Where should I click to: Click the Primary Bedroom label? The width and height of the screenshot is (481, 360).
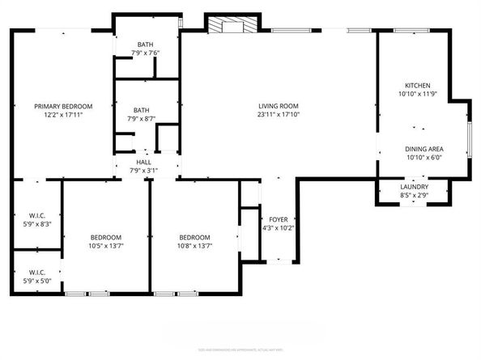pyautogui.click(x=62, y=106)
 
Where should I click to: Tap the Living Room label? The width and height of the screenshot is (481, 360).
pyautogui.click(x=279, y=106)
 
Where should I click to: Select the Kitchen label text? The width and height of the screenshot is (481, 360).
pyautogui.click(x=417, y=86)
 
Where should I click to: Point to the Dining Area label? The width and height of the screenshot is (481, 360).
pyautogui.click(x=424, y=149)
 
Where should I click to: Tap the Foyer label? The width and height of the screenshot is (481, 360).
pyautogui.click(x=278, y=219)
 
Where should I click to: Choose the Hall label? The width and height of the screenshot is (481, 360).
pyautogui.click(x=143, y=162)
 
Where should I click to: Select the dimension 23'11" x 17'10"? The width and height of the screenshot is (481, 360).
pyautogui.click(x=279, y=115)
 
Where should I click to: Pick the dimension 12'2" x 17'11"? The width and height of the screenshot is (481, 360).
pyautogui.click(x=62, y=115)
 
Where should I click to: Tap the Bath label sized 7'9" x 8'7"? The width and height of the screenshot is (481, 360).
pyautogui.click(x=142, y=111)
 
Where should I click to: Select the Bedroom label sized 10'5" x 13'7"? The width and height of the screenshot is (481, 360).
pyautogui.click(x=105, y=237)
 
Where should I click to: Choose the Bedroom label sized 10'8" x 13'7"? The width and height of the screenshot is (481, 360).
pyautogui.click(x=195, y=237)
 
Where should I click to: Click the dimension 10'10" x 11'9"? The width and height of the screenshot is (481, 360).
pyautogui.click(x=417, y=95)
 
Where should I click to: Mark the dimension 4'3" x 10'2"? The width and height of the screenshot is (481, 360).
pyautogui.click(x=278, y=228)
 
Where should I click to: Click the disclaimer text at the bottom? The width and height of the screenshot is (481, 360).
pyautogui.click(x=240, y=349)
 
